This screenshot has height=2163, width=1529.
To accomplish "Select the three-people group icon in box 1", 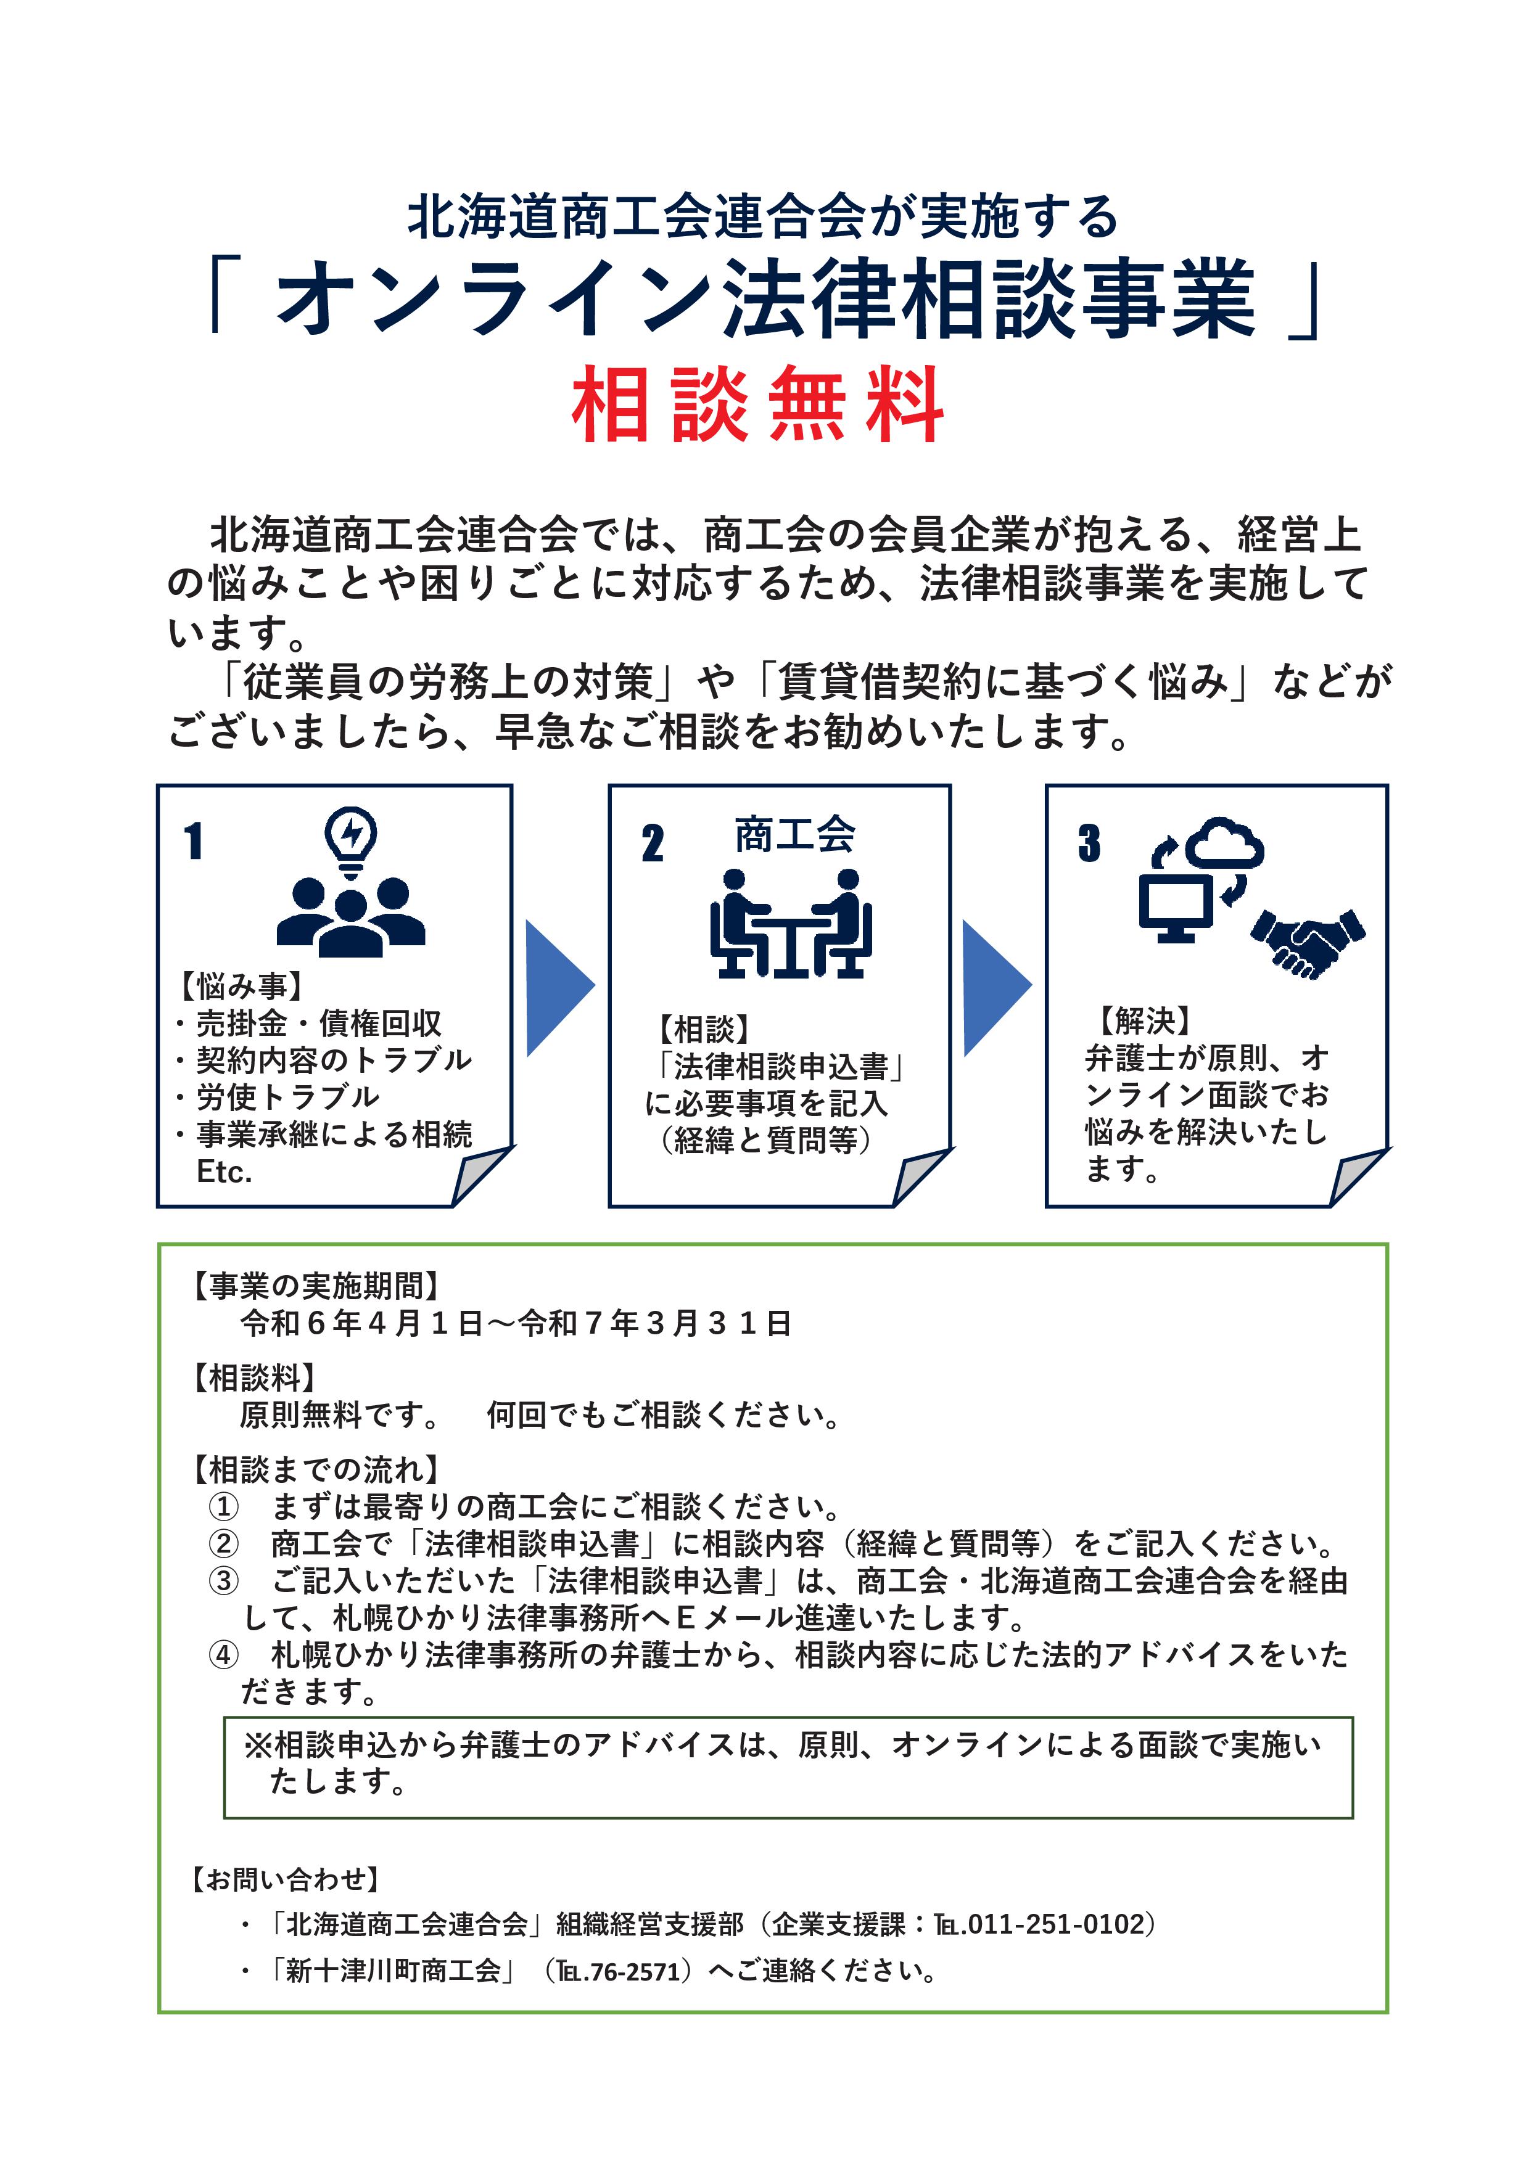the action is [x=350, y=916].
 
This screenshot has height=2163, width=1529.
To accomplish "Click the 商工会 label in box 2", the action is [x=794, y=835].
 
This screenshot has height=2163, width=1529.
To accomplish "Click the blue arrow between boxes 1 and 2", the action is [x=559, y=987].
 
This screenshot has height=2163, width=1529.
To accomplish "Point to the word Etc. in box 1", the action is [x=225, y=1172].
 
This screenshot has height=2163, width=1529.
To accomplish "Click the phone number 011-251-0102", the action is [x=1055, y=1924].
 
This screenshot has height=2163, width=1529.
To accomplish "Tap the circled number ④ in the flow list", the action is [x=223, y=1654].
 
